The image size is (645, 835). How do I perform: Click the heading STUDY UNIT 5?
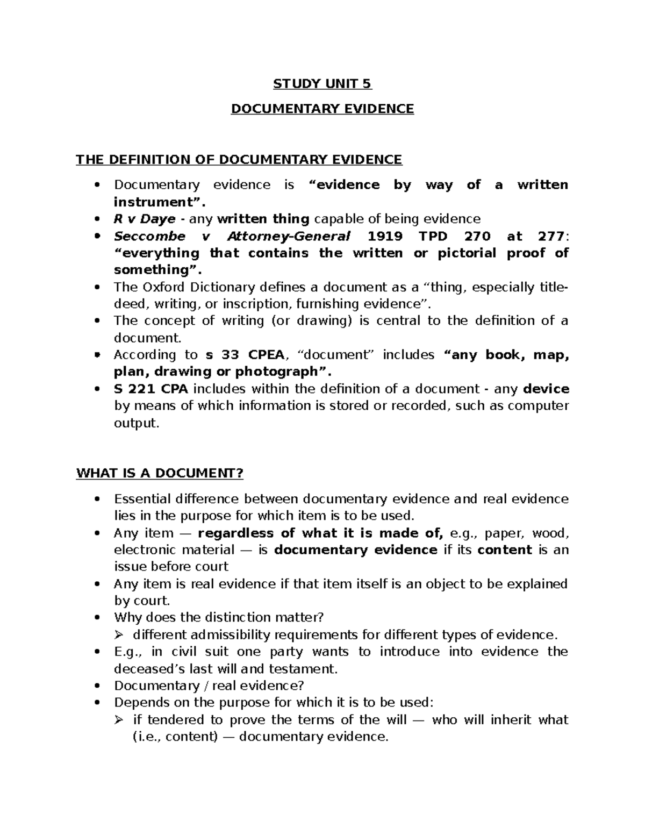tap(322, 84)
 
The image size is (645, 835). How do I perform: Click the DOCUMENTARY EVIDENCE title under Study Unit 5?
tap(322, 109)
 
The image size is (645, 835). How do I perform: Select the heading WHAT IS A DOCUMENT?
tap(160, 474)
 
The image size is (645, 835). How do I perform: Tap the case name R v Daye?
tap(145, 219)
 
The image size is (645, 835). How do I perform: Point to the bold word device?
tap(546, 389)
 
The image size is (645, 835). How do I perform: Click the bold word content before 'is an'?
tap(504, 550)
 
